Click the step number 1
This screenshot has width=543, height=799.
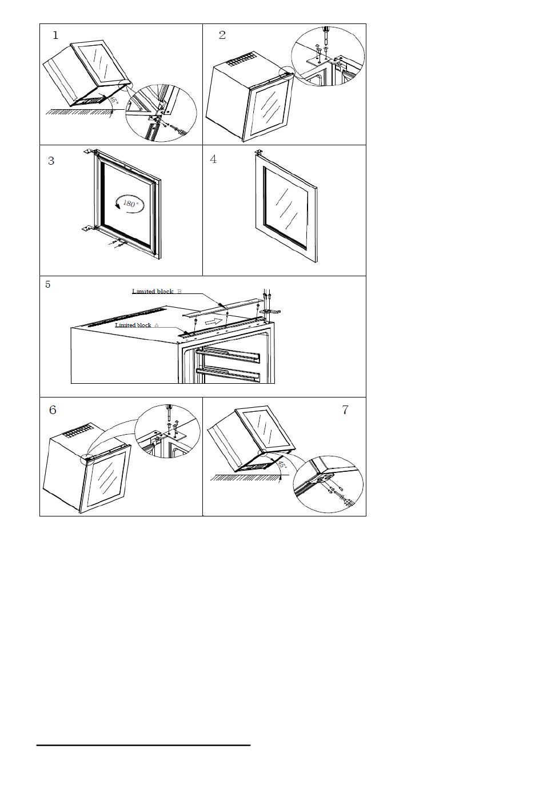[55, 35]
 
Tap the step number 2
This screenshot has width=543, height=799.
[222, 35]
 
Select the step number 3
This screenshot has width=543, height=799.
[51, 161]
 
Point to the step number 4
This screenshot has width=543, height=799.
[213, 159]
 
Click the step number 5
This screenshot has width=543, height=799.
[48, 284]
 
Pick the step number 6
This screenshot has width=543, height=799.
[53, 410]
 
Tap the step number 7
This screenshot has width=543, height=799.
[345, 410]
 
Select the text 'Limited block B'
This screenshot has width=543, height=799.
[157, 291]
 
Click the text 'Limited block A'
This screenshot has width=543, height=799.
[137, 325]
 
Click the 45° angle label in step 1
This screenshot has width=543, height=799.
[114, 100]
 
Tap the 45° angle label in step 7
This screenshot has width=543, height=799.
[282, 465]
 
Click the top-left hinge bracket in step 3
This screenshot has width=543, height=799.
[90, 152]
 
